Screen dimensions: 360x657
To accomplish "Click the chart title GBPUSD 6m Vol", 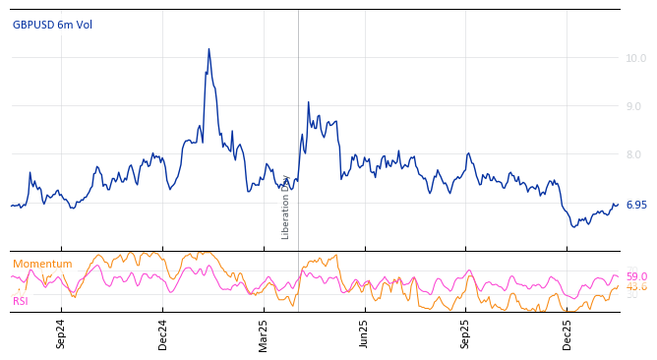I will [x=52, y=25].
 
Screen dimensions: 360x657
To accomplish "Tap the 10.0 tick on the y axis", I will [x=635, y=58].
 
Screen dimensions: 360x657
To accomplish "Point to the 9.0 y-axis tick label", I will [x=635, y=106].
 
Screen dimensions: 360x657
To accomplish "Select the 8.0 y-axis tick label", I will [x=635, y=154].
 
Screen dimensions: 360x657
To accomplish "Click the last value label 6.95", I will [x=635, y=205].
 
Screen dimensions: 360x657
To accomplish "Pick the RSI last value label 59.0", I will [x=636, y=277].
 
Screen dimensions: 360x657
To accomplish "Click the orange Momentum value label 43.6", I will [x=636, y=287].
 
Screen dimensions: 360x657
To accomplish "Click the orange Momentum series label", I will [x=42, y=264].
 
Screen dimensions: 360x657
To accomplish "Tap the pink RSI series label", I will [x=21, y=301].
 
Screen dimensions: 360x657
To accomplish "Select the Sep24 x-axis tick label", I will [x=61, y=333].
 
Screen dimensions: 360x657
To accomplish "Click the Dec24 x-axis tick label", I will [x=163, y=333].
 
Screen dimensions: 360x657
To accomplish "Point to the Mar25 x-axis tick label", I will [x=264, y=333].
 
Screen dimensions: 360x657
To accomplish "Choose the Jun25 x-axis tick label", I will [x=364, y=333].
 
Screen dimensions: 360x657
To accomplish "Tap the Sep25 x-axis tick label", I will [x=466, y=333].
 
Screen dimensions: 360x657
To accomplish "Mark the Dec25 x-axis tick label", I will [x=567, y=333].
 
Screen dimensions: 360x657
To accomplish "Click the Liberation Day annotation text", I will [x=286, y=208].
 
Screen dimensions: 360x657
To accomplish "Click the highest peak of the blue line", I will [x=209, y=49].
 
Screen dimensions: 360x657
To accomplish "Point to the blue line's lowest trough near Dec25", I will [x=574, y=227].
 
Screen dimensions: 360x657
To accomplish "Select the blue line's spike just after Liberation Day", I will [x=308, y=102].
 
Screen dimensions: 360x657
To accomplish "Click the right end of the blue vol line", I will [x=618, y=205].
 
